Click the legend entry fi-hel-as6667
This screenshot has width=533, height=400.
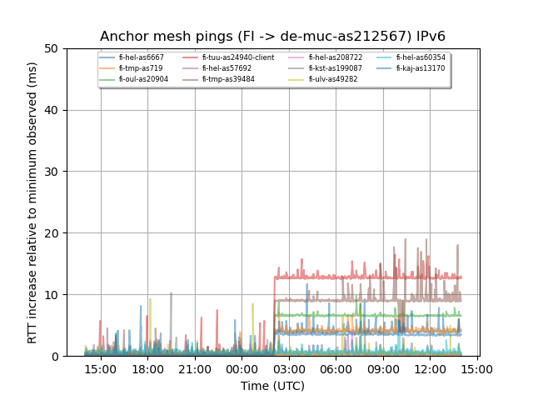click(x=141, y=57)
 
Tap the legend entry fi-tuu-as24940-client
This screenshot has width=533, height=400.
click(x=237, y=57)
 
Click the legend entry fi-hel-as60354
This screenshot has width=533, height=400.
click(x=420, y=57)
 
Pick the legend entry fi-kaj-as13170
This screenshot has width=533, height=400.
click(x=420, y=68)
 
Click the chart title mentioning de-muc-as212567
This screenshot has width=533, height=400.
click(x=272, y=37)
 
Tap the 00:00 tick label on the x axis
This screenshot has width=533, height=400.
click(x=242, y=368)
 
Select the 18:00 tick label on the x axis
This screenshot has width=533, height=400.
click(x=147, y=368)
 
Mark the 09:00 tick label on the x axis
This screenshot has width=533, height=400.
click(x=383, y=368)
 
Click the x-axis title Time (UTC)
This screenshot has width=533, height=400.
click(x=272, y=386)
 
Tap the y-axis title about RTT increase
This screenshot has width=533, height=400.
click(x=32, y=202)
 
